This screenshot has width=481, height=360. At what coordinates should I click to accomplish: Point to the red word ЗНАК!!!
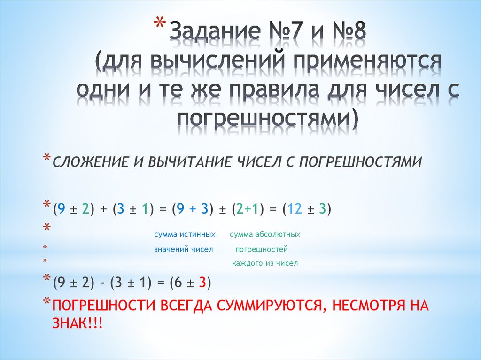click(x=78, y=323)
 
